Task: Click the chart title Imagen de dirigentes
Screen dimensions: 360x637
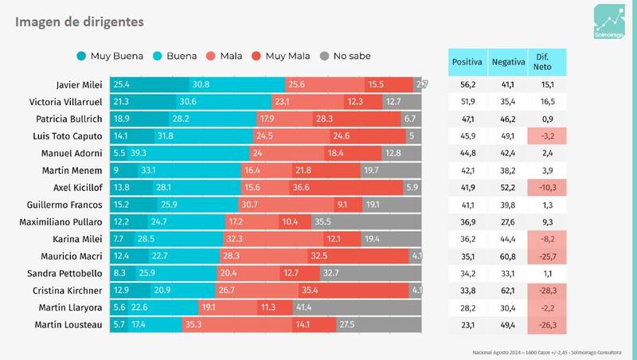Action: click(80, 22)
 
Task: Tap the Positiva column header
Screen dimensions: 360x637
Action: click(467, 62)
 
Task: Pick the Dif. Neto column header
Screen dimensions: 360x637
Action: click(547, 62)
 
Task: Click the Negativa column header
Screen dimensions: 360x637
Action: click(507, 62)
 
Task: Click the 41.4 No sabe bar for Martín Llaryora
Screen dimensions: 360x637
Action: click(358, 307)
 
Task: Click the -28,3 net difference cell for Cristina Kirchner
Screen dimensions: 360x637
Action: click(547, 290)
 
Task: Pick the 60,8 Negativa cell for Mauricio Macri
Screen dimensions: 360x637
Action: click(507, 256)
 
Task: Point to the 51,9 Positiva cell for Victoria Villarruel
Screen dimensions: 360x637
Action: click(467, 101)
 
